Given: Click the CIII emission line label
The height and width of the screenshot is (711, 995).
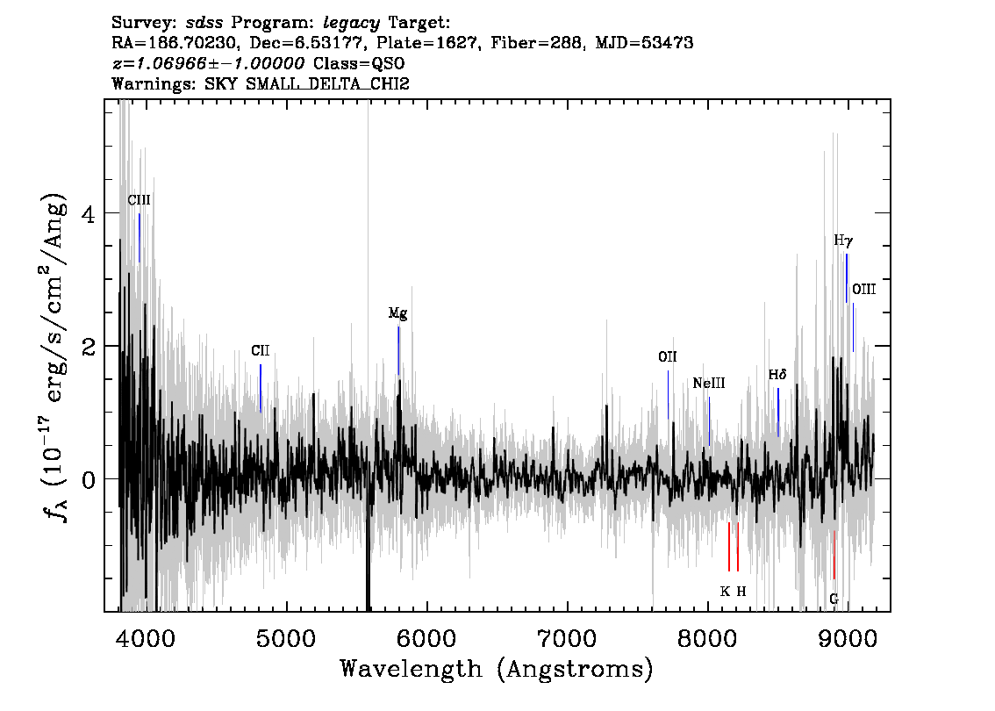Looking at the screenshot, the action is pyautogui.click(x=139, y=201).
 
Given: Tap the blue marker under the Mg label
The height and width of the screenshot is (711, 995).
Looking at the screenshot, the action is pyautogui.click(x=398, y=350).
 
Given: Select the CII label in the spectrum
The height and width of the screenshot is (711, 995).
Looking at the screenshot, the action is pyautogui.click(x=261, y=351).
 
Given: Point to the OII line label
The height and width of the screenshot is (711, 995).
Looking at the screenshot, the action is pyautogui.click(x=668, y=357).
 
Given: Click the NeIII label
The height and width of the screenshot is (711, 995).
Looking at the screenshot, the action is pyautogui.click(x=709, y=384).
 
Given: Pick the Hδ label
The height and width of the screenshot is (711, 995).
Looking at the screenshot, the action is pyautogui.click(x=777, y=375).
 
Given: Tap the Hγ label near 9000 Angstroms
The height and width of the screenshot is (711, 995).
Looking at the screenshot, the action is pyautogui.click(x=843, y=241).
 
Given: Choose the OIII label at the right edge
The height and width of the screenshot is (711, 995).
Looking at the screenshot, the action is pyautogui.click(x=863, y=290).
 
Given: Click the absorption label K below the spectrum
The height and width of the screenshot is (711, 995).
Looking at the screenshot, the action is pyautogui.click(x=726, y=592).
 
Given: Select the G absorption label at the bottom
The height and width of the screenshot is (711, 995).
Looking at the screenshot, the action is pyautogui.click(x=834, y=599).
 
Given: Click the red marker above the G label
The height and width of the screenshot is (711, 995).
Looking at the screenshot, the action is pyautogui.click(x=834, y=555).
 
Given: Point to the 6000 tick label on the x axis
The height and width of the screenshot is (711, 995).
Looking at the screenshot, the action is pyautogui.click(x=427, y=639).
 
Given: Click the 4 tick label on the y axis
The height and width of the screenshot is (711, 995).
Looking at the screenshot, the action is pyautogui.click(x=89, y=213).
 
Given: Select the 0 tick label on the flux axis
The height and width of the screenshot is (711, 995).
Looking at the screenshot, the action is pyautogui.click(x=89, y=479).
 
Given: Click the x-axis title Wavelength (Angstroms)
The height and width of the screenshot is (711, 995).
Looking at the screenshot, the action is pyautogui.click(x=497, y=669).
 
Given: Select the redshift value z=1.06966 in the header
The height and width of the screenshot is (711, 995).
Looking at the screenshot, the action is pyautogui.click(x=160, y=63).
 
